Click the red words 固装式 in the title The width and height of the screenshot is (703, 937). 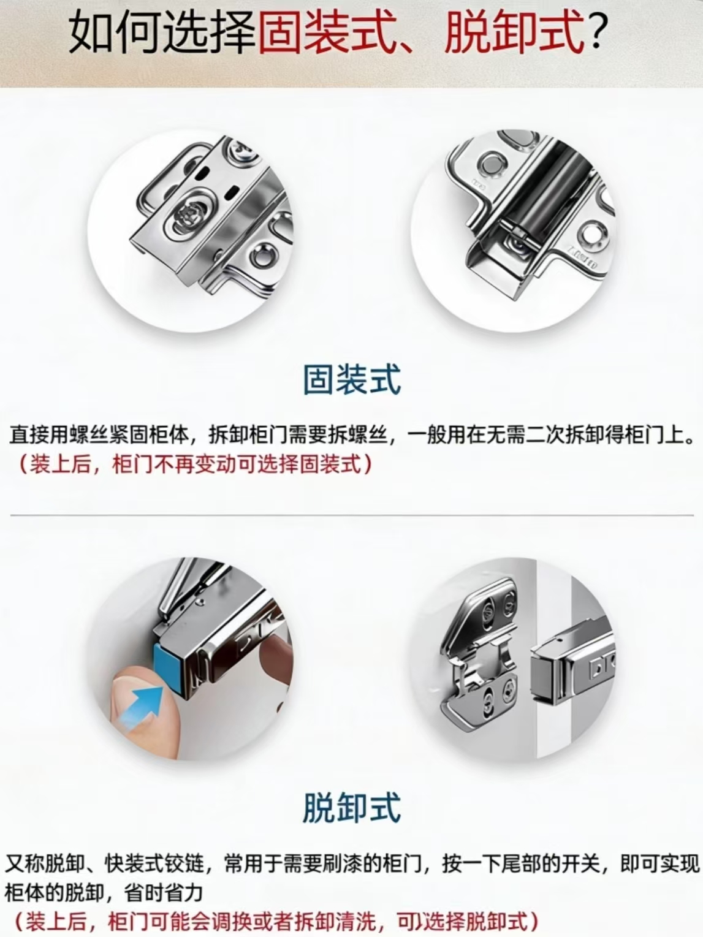click(x=324, y=34)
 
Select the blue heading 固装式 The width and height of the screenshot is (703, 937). click(x=352, y=379)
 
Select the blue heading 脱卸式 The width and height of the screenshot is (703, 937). click(x=352, y=807)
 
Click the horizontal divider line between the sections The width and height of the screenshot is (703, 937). click(x=352, y=515)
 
